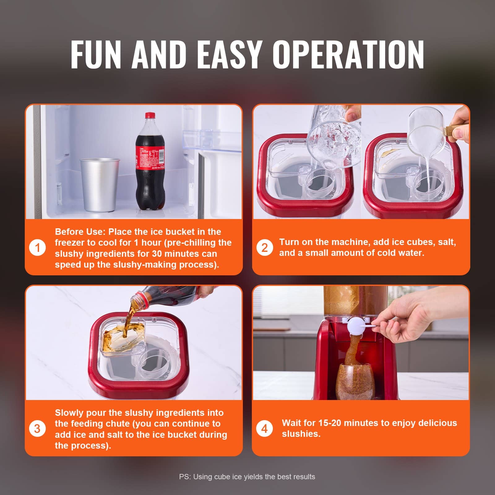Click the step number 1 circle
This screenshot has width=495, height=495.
click(37, 248)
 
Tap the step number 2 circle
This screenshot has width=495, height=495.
click(265, 248)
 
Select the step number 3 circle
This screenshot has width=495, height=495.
click(37, 429)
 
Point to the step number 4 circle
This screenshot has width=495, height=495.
click(265, 429)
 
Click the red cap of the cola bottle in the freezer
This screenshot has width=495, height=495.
click(150, 115)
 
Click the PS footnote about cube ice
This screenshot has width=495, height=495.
click(247, 477)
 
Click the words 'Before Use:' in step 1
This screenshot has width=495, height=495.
click(80, 232)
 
